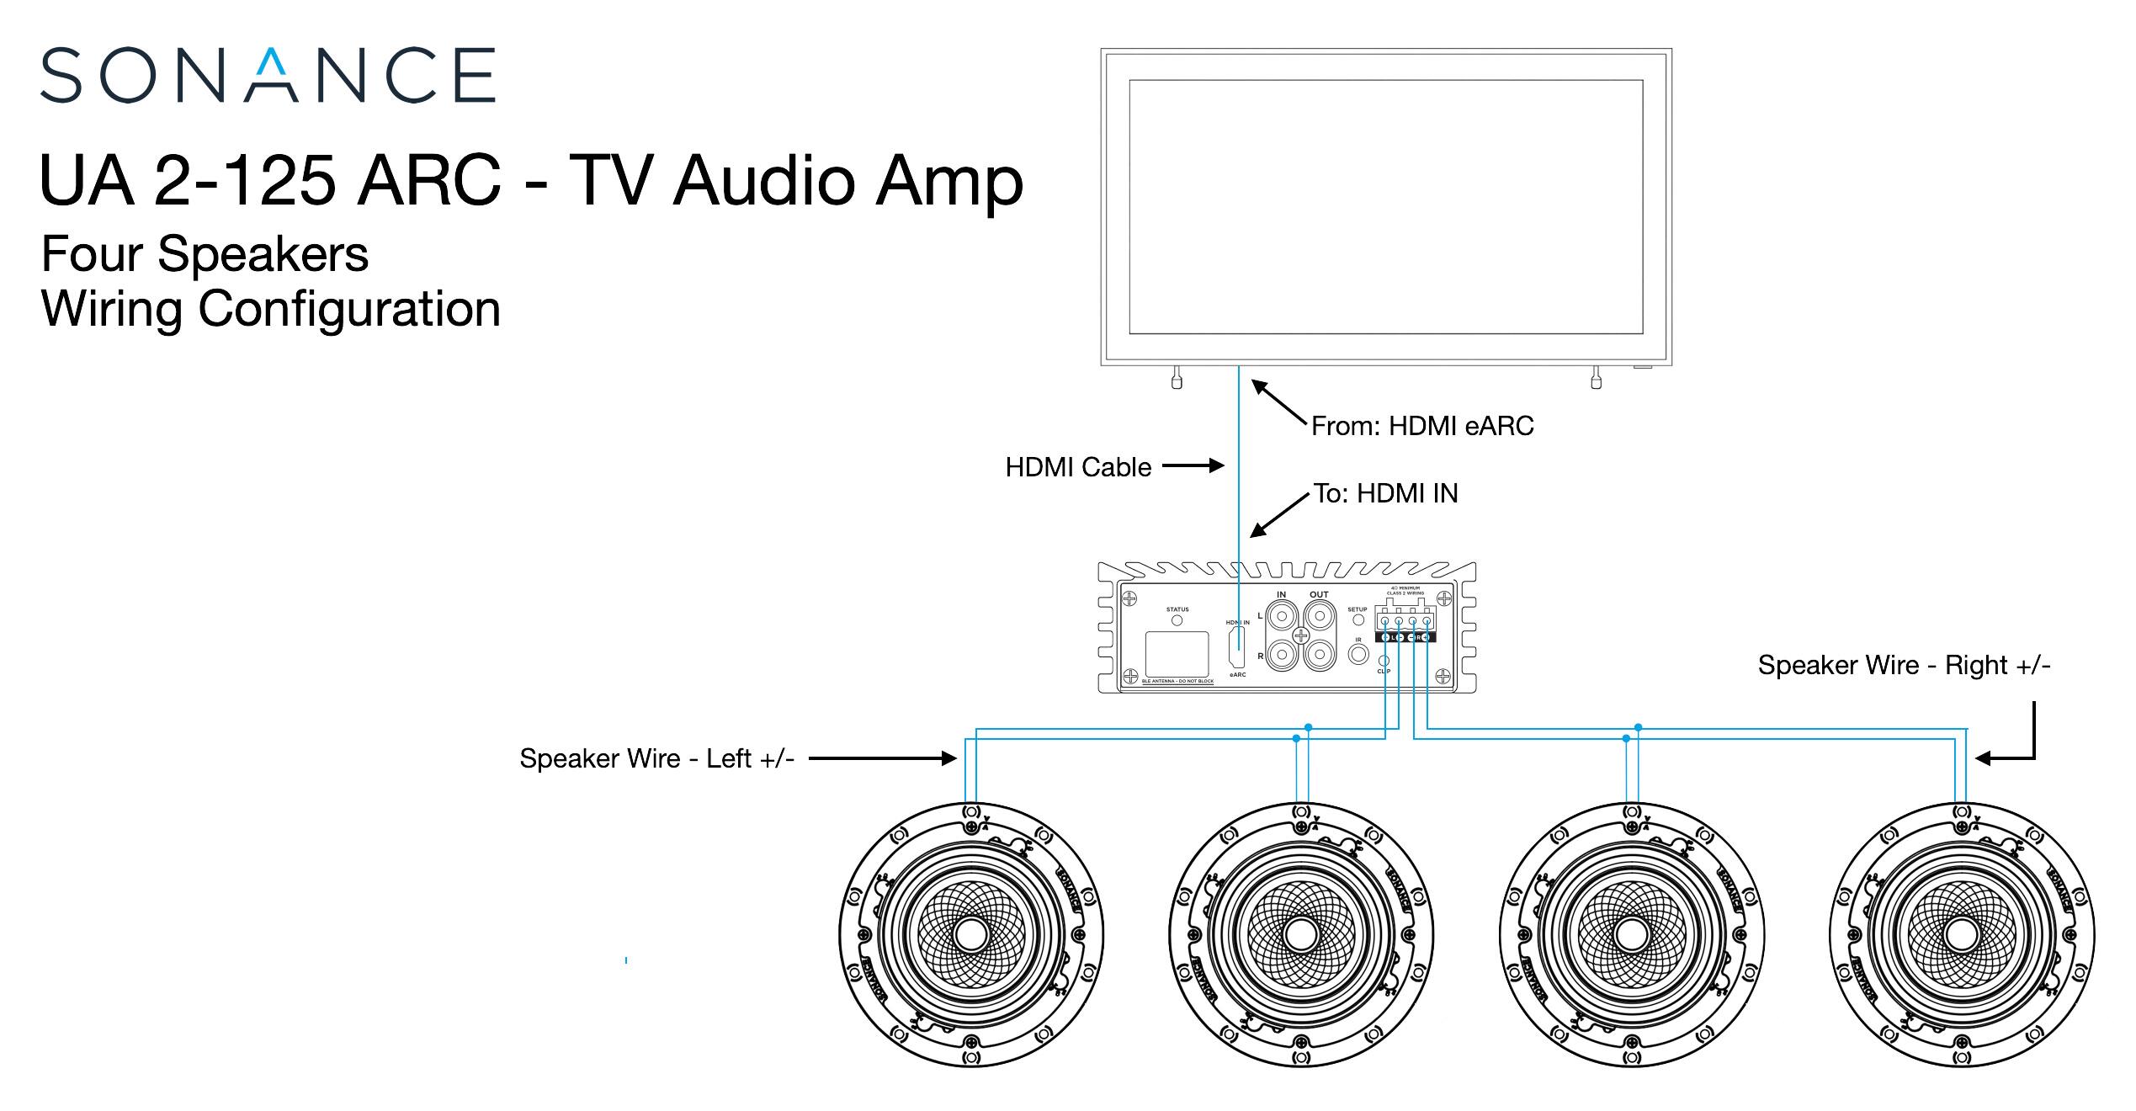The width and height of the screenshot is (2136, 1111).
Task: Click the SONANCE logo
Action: pyautogui.click(x=268, y=76)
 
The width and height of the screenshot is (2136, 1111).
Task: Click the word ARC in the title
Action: pyautogui.click(x=428, y=181)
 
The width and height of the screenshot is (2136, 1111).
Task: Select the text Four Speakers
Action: pyautogui.click(x=205, y=253)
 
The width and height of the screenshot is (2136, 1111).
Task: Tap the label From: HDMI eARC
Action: pyautogui.click(x=1421, y=426)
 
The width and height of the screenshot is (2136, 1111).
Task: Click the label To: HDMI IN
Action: pyautogui.click(x=1385, y=493)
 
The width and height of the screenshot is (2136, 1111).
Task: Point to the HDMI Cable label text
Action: pyautogui.click(x=1078, y=467)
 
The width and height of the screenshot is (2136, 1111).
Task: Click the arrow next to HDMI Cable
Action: pyautogui.click(x=1193, y=465)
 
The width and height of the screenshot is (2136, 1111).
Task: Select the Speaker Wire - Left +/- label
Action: pyautogui.click(x=656, y=758)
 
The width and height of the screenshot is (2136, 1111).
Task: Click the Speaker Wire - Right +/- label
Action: pyautogui.click(x=1904, y=665)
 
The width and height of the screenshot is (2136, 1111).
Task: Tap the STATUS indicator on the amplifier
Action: pyautogui.click(x=1177, y=620)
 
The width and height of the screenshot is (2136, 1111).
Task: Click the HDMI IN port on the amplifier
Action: pyautogui.click(x=1236, y=647)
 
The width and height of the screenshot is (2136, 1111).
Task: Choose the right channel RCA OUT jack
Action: pyautogui.click(x=1319, y=654)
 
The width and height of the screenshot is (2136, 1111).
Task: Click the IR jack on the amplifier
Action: pyautogui.click(x=1358, y=653)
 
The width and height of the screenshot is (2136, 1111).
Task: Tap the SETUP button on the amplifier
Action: pyautogui.click(x=1358, y=619)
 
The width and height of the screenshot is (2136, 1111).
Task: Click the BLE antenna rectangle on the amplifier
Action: pyautogui.click(x=1177, y=654)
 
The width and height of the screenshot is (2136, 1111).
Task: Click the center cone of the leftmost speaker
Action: pyautogui.click(x=971, y=935)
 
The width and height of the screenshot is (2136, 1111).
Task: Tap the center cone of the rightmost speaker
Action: pyautogui.click(x=1961, y=935)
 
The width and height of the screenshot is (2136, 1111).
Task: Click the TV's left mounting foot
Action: pyautogui.click(x=1177, y=378)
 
